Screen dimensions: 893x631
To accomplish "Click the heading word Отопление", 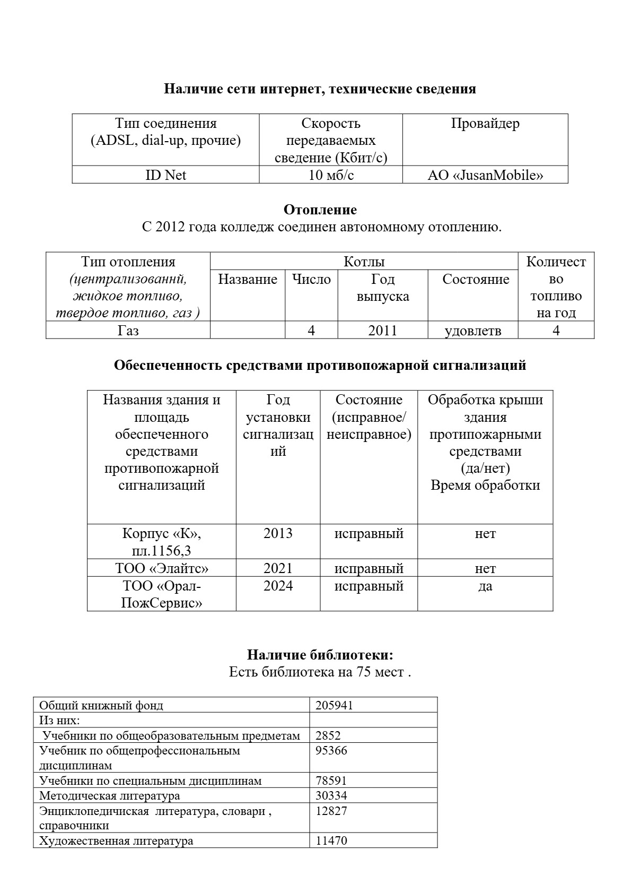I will (x=320, y=210).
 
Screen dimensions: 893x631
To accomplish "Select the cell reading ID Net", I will (x=165, y=175).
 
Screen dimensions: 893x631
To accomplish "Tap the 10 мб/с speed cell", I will (x=331, y=175).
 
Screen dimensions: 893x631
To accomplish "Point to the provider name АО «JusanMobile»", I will (x=485, y=175).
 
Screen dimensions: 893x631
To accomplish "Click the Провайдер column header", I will (x=485, y=124).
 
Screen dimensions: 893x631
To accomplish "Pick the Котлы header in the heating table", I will (x=364, y=262).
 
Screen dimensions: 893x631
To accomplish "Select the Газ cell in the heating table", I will (x=128, y=331).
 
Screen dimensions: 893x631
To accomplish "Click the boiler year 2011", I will (x=382, y=331).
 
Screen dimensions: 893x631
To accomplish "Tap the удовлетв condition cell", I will (x=472, y=331).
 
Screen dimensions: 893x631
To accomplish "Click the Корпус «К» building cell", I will (x=161, y=533).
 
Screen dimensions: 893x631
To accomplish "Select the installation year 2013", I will (x=278, y=533).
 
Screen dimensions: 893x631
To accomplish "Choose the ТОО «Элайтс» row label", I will (x=162, y=568).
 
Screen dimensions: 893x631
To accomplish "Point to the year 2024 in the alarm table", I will (x=278, y=586).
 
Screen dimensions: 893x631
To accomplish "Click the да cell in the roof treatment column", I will (x=485, y=586).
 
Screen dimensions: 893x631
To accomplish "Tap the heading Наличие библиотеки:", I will (x=320, y=655).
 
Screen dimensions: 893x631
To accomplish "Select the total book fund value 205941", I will (x=334, y=705).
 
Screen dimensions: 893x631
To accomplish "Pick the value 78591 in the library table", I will (x=331, y=781).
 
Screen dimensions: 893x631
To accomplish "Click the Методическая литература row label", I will (x=109, y=795).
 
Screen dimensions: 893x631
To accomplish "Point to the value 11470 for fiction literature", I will (x=331, y=840).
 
